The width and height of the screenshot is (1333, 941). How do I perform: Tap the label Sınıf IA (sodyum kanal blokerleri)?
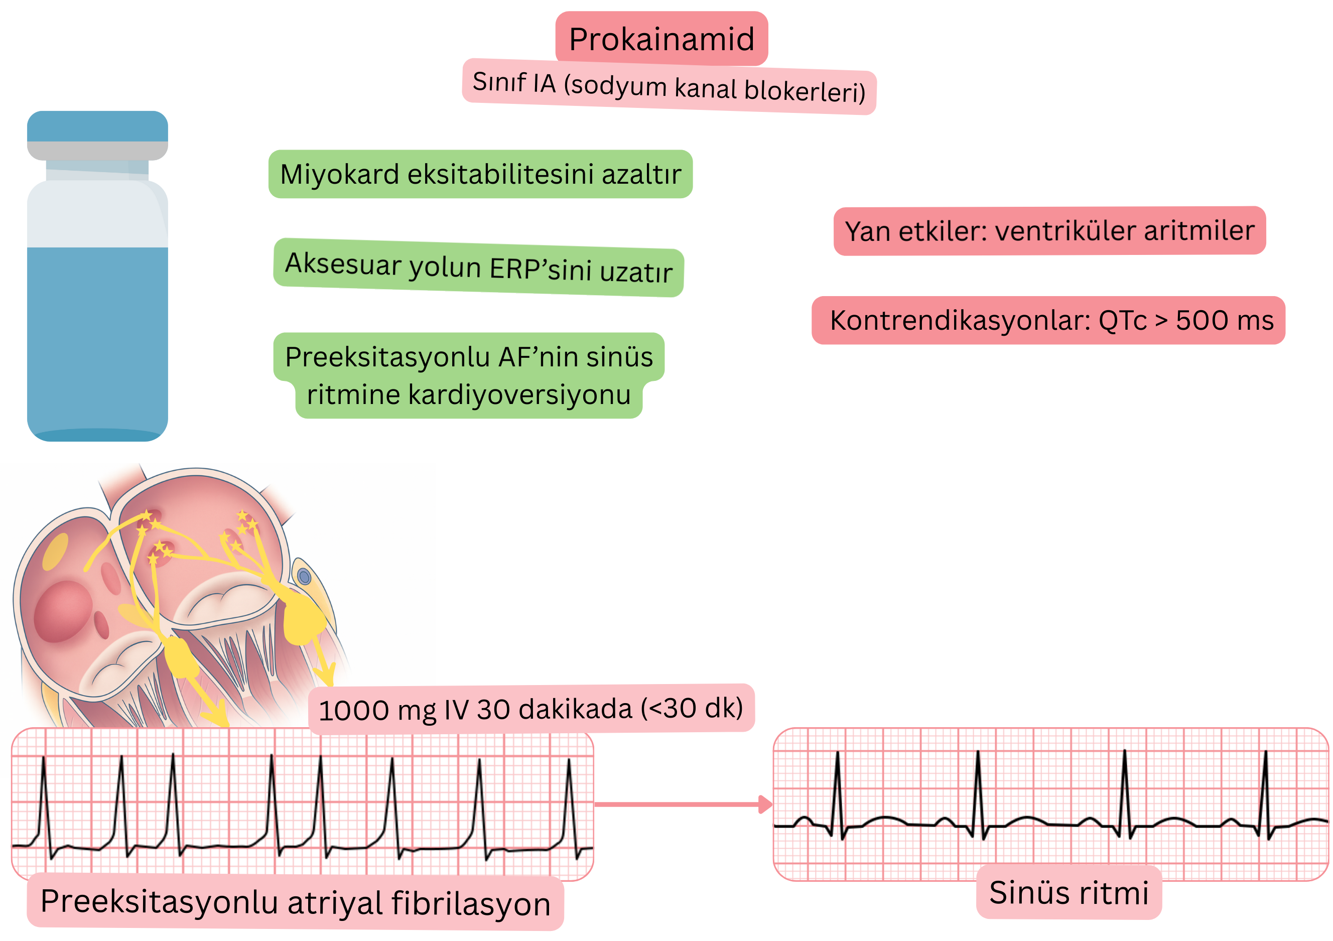point(669,86)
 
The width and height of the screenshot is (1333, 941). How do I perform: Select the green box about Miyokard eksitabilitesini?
point(480,174)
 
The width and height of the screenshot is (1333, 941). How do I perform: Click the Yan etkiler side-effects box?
point(1049,230)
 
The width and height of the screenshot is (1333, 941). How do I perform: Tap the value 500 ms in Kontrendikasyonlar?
point(1225,320)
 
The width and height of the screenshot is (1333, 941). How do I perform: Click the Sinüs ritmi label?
point(1069,893)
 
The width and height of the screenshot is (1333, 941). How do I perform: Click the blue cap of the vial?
point(97,126)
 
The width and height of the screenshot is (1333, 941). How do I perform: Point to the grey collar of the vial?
point(97,151)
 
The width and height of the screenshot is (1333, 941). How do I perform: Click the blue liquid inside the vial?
point(97,337)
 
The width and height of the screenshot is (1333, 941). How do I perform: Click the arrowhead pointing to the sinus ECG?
point(765,804)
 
